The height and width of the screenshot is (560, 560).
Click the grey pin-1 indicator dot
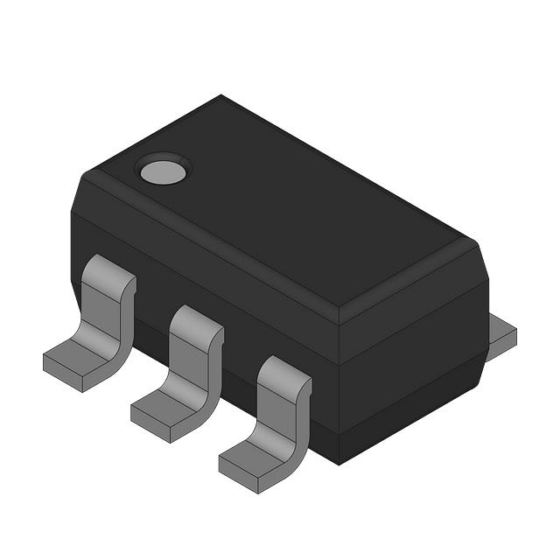point(164,171)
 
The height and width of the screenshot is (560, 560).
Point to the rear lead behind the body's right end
point(501,333)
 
